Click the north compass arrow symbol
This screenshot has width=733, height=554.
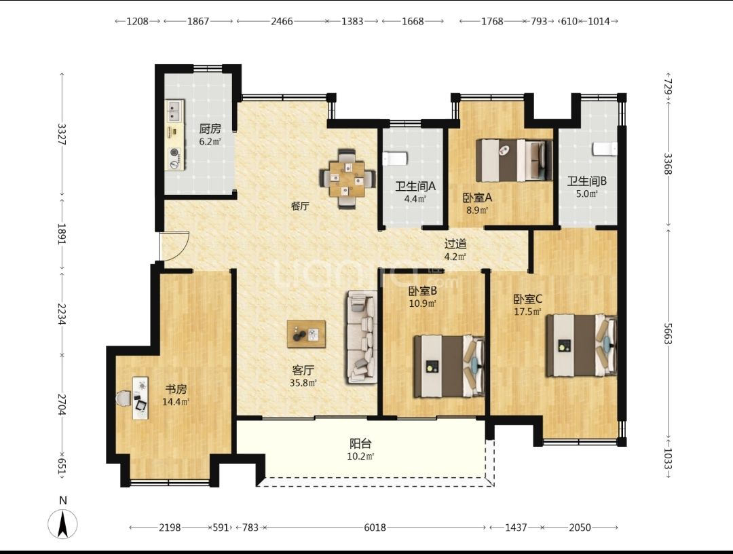(62, 523)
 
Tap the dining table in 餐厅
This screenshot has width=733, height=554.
(346, 179)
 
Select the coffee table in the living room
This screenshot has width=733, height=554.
(306, 334)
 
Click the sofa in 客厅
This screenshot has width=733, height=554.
(361, 337)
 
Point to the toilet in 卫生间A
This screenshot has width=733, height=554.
(394, 158)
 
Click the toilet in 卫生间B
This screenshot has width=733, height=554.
(605, 149)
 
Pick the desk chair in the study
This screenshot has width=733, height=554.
(124, 399)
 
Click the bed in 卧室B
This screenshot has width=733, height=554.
(449, 366)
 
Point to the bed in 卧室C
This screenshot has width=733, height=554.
(582, 346)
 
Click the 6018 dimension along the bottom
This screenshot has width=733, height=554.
(375, 528)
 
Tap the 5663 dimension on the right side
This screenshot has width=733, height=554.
(668, 333)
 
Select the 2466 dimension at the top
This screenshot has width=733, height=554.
(282, 21)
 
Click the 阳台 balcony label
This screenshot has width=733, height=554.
(360, 443)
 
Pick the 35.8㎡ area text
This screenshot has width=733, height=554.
(303, 383)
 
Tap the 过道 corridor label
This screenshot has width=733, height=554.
(455, 244)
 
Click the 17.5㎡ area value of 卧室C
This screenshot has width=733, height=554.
(528, 312)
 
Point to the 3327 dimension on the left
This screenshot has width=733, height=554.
(61, 134)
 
